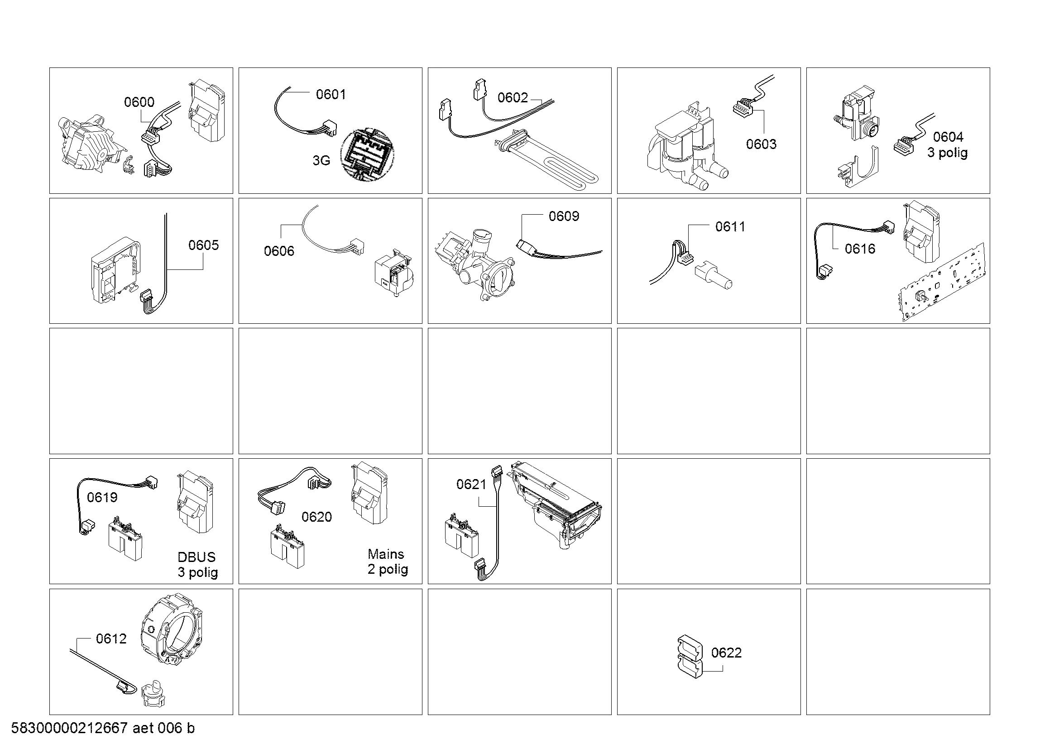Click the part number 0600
(x=139, y=102)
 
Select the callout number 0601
(x=331, y=94)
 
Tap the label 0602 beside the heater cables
(x=513, y=97)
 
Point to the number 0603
(x=761, y=144)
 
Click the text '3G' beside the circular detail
(x=321, y=160)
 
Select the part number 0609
(x=564, y=216)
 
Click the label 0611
(x=730, y=226)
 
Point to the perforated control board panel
(x=941, y=282)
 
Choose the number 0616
(x=860, y=249)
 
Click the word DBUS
(x=196, y=557)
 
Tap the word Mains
(x=386, y=554)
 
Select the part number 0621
(x=471, y=484)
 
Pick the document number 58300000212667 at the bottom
(x=69, y=728)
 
